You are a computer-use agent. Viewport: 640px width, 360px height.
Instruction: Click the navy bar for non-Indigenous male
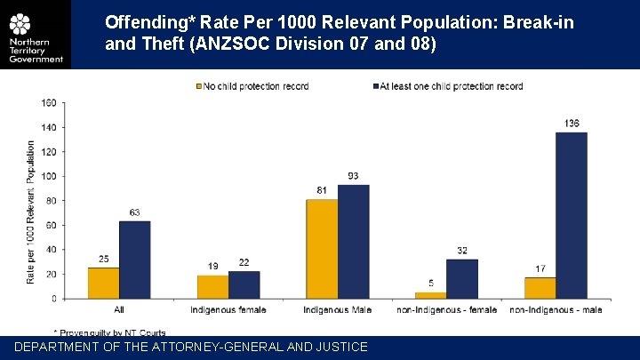coord(571,215)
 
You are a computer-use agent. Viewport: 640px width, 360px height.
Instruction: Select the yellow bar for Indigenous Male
coord(322,249)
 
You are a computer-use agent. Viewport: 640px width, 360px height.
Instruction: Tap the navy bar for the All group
coord(134,260)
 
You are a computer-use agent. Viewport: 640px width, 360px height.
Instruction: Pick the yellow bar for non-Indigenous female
coord(431,295)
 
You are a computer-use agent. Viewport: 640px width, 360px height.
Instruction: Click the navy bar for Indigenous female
coord(244,284)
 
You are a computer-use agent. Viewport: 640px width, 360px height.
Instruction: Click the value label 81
coord(322,190)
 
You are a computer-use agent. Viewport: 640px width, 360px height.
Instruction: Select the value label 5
coord(431,284)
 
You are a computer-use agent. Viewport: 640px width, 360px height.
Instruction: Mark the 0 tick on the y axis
coord(52,299)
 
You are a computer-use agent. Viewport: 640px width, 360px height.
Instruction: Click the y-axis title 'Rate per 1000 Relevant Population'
coord(31,212)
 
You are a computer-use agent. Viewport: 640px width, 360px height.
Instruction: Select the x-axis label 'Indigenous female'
coord(228,309)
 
